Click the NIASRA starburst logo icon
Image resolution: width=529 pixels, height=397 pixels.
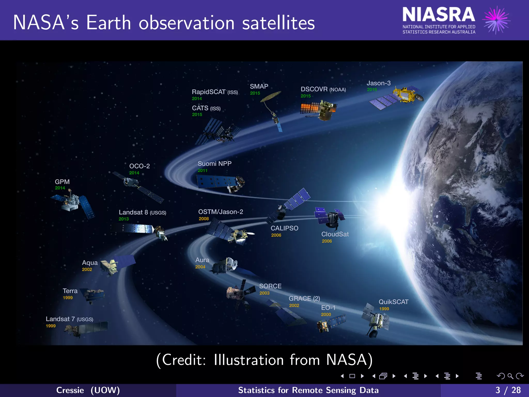(x=496, y=20)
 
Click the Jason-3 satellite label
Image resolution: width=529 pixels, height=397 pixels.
(x=378, y=83)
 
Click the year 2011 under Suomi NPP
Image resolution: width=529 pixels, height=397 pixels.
(x=203, y=171)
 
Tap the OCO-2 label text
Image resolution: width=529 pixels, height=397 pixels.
(x=139, y=166)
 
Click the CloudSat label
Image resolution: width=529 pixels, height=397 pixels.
(x=335, y=234)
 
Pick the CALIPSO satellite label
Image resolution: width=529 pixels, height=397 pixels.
(x=284, y=228)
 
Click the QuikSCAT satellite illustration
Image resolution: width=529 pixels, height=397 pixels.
(x=376, y=320)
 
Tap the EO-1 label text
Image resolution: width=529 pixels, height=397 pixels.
(x=328, y=308)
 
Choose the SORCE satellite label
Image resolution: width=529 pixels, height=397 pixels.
(x=270, y=286)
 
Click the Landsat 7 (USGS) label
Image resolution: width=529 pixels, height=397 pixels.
(x=69, y=319)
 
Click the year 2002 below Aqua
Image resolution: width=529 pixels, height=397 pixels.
(x=87, y=270)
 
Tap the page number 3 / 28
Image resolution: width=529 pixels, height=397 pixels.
(x=508, y=390)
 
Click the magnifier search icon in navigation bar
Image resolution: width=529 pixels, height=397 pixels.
(x=510, y=376)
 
